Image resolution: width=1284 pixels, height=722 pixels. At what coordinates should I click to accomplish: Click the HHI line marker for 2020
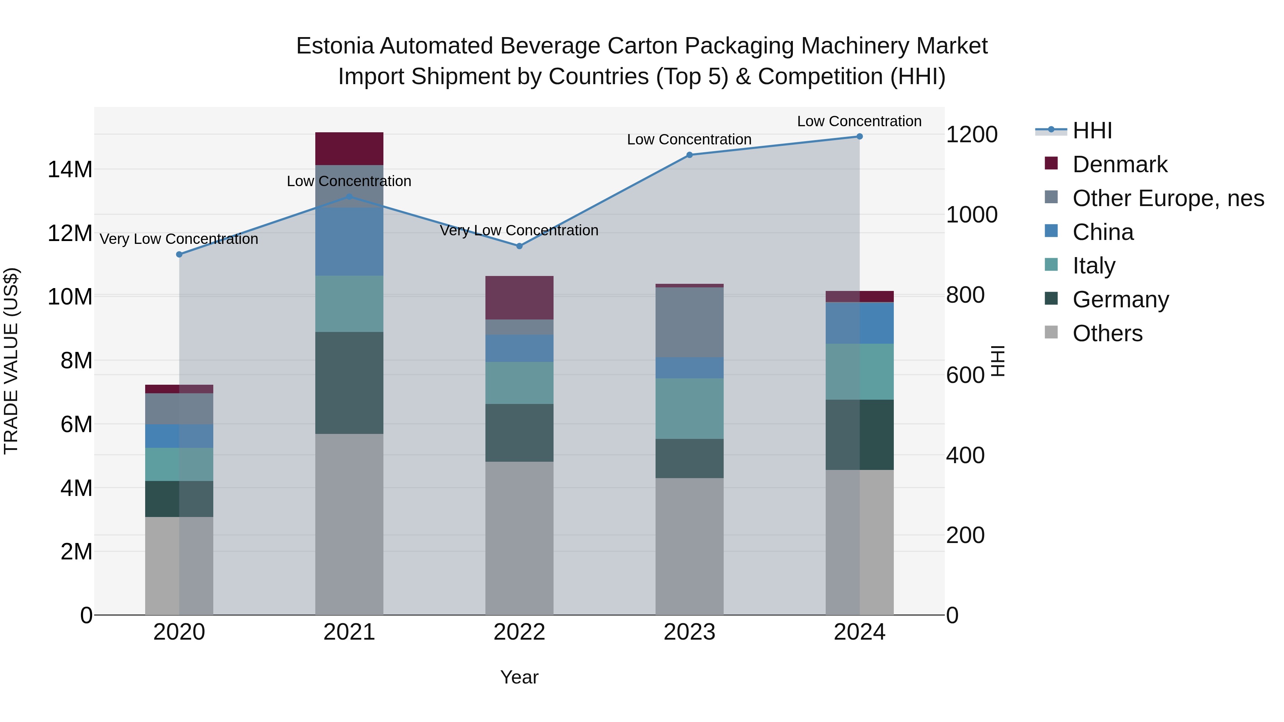click(179, 255)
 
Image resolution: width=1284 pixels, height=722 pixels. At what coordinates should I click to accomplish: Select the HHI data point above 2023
click(689, 155)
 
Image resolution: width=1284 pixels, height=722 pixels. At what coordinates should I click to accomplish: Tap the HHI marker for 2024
click(859, 137)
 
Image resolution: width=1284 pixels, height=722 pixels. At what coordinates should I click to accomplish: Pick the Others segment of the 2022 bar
click(519, 538)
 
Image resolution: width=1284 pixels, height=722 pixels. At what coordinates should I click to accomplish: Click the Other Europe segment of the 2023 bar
click(689, 322)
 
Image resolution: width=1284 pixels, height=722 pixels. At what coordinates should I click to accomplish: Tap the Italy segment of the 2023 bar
click(689, 409)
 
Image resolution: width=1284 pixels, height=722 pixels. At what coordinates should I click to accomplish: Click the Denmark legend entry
click(1120, 164)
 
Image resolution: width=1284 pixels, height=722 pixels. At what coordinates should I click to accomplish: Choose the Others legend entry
click(1107, 333)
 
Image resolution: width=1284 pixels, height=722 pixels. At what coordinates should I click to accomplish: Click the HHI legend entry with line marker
click(1092, 130)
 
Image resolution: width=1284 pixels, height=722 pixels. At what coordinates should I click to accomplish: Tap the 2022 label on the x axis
click(519, 632)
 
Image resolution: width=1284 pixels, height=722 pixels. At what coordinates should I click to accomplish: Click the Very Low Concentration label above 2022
click(519, 230)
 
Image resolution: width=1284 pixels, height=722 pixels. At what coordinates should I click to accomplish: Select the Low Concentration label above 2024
click(859, 121)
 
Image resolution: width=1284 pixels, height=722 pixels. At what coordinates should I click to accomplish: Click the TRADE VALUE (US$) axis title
click(11, 361)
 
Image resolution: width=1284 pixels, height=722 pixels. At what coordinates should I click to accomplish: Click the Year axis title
click(519, 677)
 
